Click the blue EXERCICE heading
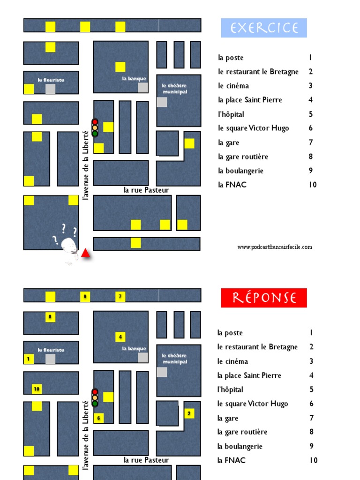(264, 28)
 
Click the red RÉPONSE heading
(264, 298)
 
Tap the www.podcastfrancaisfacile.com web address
(275, 247)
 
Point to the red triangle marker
(85, 254)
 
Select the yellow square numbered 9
(85, 296)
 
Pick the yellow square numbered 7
(120, 296)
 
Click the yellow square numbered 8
(50, 317)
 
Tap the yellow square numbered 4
(120, 337)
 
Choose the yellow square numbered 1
(29, 359)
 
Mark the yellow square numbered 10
(37, 389)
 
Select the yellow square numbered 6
(98, 418)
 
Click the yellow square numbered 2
(189, 413)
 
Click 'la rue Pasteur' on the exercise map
(146, 190)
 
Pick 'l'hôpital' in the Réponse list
(230, 390)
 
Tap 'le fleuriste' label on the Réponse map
(51, 350)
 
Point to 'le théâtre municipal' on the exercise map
(174, 89)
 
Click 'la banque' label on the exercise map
(134, 79)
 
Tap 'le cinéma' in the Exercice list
(233, 86)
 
